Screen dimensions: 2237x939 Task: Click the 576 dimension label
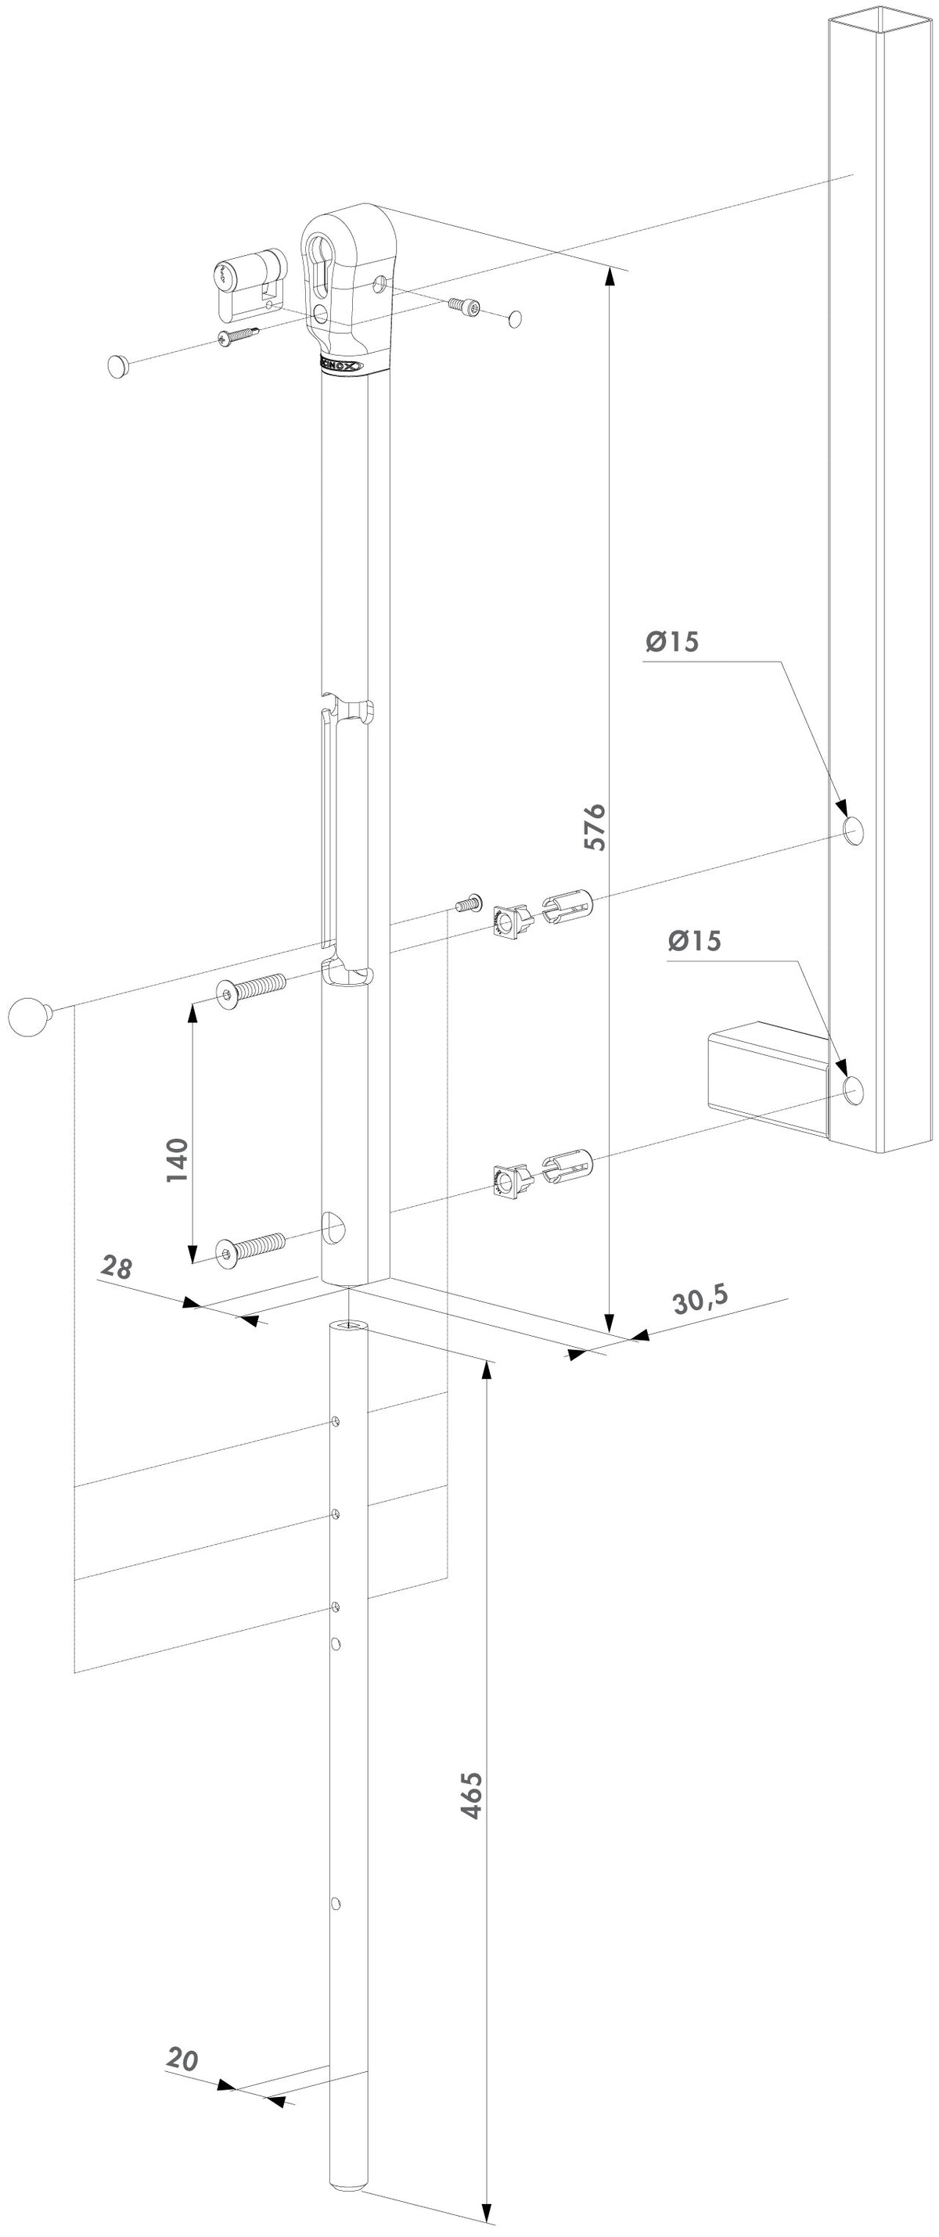[594, 827]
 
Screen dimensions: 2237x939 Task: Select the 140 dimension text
[177, 1159]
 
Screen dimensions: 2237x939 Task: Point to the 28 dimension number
[117, 1267]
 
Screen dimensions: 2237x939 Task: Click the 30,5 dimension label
[700, 1299]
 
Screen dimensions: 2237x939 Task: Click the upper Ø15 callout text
[671, 641]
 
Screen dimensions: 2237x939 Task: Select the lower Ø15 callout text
[694, 940]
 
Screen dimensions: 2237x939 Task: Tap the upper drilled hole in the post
[853, 830]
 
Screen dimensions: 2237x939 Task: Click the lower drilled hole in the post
[854, 1090]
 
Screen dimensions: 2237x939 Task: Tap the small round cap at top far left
[119, 365]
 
